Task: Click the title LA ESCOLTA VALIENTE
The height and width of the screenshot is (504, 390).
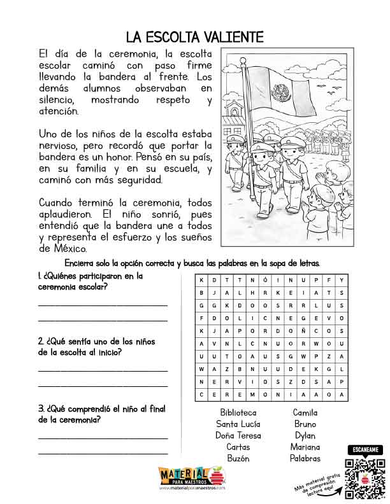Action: click(x=194, y=36)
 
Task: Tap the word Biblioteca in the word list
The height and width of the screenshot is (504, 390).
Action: click(x=238, y=412)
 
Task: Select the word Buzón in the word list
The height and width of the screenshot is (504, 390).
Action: click(x=238, y=458)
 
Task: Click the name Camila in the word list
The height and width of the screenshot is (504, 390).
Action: click(x=305, y=412)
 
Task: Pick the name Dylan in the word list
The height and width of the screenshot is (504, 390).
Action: click(x=305, y=435)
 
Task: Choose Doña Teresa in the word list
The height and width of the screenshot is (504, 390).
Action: click(x=238, y=435)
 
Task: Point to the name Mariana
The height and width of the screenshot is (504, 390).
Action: click(x=305, y=447)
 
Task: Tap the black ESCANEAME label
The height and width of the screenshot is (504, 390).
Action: click(x=362, y=450)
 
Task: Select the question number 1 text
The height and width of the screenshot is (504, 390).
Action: click(x=89, y=281)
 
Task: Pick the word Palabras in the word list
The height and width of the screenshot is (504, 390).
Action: click(x=305, y=458)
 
